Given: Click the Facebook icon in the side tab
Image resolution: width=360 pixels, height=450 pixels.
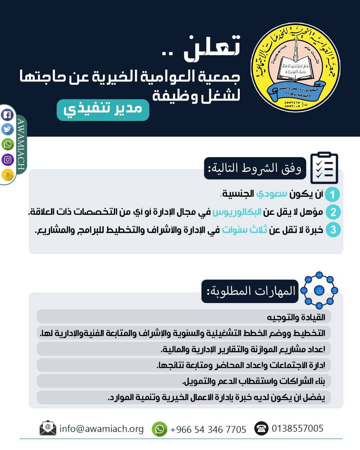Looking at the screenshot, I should tap(7, 115).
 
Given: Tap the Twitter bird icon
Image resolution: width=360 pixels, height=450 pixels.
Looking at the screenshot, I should tap(7, 129).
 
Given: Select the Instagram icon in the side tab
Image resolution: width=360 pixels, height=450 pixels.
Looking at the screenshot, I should tap(7, 160).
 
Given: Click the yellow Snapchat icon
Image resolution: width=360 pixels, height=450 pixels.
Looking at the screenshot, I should tap(7, 175).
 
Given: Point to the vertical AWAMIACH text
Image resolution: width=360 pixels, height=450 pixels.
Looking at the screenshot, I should tap(21, 144).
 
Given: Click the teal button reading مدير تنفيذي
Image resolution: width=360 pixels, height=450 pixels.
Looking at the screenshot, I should tap(103, 110).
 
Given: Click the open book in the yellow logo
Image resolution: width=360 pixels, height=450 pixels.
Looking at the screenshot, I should tap(295, 68).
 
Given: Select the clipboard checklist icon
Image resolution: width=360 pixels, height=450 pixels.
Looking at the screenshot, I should tap(324, 168).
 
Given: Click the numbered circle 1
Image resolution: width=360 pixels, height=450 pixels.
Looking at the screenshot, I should tap(332, 194).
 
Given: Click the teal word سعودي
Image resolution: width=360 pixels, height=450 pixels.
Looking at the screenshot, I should tap(272, 194).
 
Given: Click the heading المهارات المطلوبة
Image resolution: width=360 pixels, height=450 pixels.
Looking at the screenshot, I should tap(250, 291).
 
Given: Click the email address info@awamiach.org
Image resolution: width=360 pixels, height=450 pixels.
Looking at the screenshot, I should tap(102, 429).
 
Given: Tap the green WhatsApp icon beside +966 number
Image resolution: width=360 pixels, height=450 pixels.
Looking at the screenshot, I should tap(159, 429).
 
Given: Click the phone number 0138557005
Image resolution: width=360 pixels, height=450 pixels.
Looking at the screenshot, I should tap(297, 428).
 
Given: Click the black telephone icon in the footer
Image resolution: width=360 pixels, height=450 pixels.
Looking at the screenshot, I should tap(261, 428).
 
